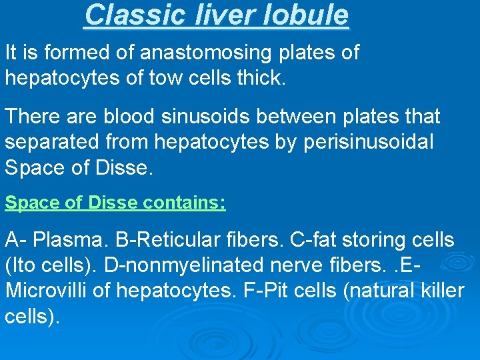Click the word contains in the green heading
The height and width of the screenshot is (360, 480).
[x=185, y=203]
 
